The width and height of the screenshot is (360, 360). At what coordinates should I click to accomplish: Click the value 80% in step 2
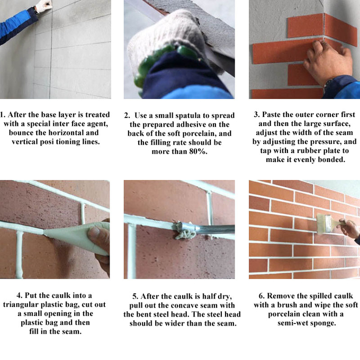tap(200, 151)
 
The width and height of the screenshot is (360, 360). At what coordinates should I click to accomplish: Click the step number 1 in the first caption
tap(2, 115)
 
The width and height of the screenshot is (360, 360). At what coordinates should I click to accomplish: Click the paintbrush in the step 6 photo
tap(326, 223)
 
